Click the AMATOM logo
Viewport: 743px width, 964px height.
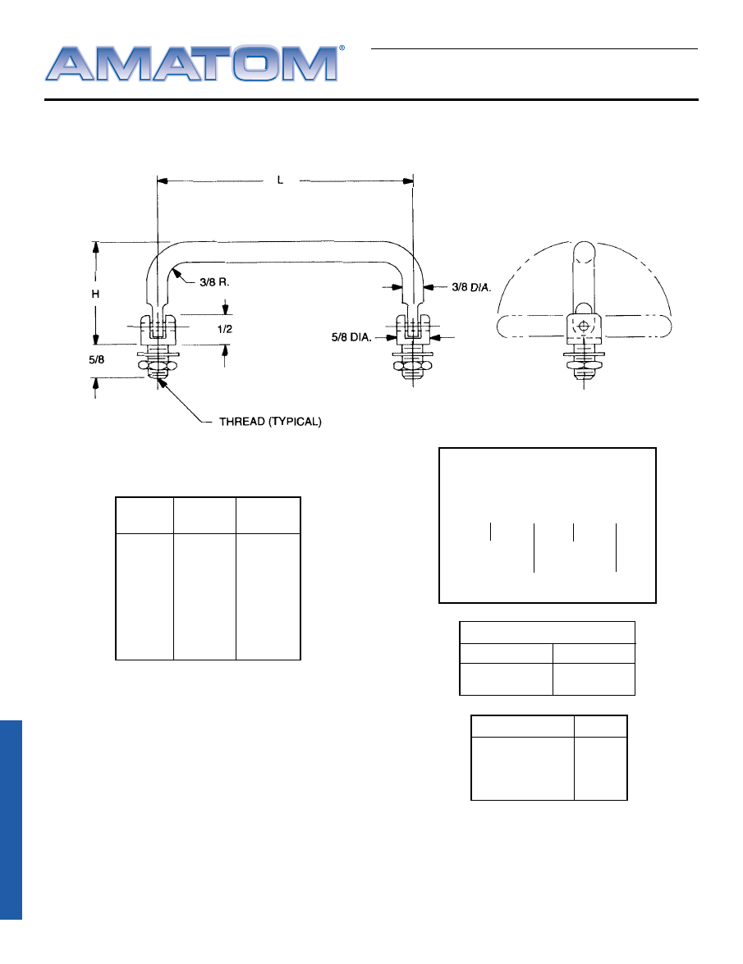[191, 63]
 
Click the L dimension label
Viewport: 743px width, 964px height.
[281, 180]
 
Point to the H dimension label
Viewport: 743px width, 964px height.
[95, 294]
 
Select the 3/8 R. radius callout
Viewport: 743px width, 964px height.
[214, 282]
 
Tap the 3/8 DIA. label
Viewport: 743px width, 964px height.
[471, 287]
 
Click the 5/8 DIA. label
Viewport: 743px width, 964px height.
[351, 337]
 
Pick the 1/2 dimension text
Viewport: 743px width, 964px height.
[224, 329]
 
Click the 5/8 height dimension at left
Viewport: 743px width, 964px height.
[97, 359]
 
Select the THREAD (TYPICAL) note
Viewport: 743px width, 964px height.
[270, 421]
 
